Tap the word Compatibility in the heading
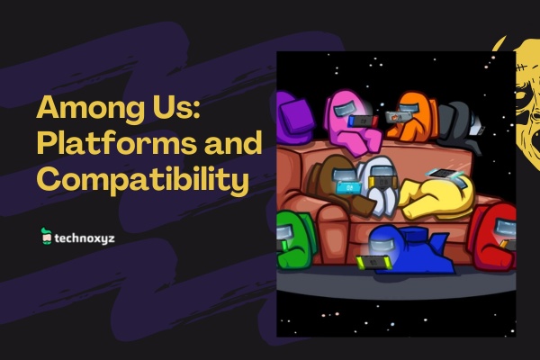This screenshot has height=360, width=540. pyautogui.click(x=143, y=179)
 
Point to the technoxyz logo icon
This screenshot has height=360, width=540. pyautogui.click(x=46, y=237)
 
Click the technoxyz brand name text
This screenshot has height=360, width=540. pyautogui.click(x=85, y=238)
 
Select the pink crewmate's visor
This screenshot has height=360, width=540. pyautogui.click(x=346, y=110)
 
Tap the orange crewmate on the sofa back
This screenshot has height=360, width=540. pyautogui.click(x=410, y=116)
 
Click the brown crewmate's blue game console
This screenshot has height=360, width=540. pyautogui.click(x=349, y=188)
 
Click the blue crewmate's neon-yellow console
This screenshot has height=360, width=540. pyautogui.click(x=373, y=263)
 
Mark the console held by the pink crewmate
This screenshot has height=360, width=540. pyautogui.click(x=363, y=121)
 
